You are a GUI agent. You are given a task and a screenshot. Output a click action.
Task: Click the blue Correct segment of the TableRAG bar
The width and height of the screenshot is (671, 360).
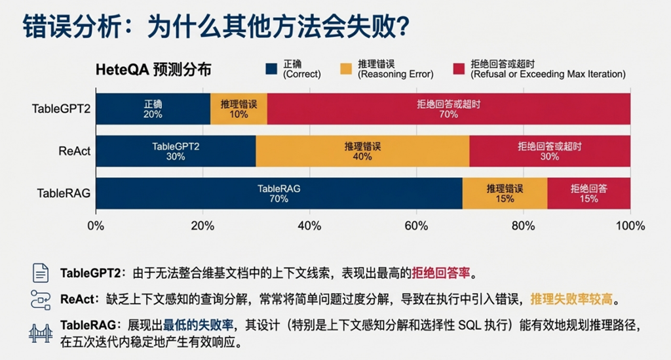pyautogui.click(x=279, y=193)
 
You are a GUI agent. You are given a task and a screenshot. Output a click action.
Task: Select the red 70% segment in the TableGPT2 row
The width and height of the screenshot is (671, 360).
pyautogui.click(x=449, y=109)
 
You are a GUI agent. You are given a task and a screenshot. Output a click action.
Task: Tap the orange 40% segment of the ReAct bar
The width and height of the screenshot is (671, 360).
pyautogui.click(x=362, y=151)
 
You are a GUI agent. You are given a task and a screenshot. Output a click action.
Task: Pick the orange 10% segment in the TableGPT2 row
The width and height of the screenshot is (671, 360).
pyautogui.click(x=239, y=109)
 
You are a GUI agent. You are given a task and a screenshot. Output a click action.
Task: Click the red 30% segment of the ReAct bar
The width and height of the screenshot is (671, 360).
pyautogui.click(x=550, y=151)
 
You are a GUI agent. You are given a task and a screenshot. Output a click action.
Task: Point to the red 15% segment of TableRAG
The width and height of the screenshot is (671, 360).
pyautogui.click(x=588, y=193)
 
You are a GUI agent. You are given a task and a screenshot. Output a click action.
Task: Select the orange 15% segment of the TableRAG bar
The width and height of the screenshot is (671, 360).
pyautogui.click(x=505, y=193)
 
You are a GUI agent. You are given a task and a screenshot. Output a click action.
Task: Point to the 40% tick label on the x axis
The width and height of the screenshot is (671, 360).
pyautogui.click(x=309, y=226)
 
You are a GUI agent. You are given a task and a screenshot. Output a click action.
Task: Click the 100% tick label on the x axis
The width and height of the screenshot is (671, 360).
pyautogui.click(x=630, y=226)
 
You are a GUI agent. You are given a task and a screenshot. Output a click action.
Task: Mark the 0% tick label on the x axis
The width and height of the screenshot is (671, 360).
pyautogui.click(x=96, y=226)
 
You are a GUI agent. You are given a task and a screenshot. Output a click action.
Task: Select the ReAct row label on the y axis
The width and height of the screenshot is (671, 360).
pyautogui.click(x=74, y=151)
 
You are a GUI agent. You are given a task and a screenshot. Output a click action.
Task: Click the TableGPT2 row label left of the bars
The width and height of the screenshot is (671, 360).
pyautogui.click(x=61, y=109)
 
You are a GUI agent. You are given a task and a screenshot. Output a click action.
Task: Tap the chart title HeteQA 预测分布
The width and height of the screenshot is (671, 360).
pyautogui.click(x=153, y=70)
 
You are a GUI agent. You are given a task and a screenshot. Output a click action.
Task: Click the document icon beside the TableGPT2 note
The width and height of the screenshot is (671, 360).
pyautogui.click(x=41, y=272)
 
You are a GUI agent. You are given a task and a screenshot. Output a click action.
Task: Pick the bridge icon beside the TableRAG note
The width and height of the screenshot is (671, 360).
pyautogui.click(x=41, y=332)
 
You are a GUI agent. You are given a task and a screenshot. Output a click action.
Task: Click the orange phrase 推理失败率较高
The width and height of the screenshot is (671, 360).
pyautogui.click(x=571, y=299)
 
